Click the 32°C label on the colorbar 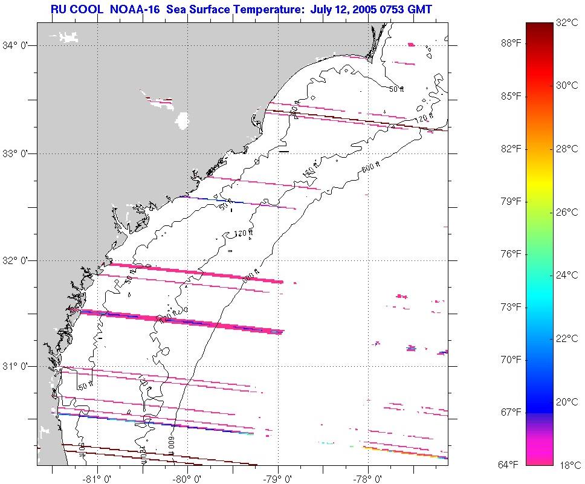[567, 24]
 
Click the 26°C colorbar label [567, 212]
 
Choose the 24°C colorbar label [567, 276]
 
